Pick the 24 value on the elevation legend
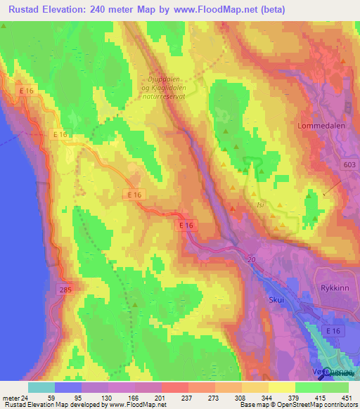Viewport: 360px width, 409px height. [x=25, y=397]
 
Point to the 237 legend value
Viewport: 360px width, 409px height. [x=188, y=397]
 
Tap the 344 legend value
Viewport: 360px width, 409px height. [x=268, y=397]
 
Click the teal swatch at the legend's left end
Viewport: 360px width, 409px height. [x=41, y=387]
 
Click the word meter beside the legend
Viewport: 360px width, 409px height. [x=10, y=397]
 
